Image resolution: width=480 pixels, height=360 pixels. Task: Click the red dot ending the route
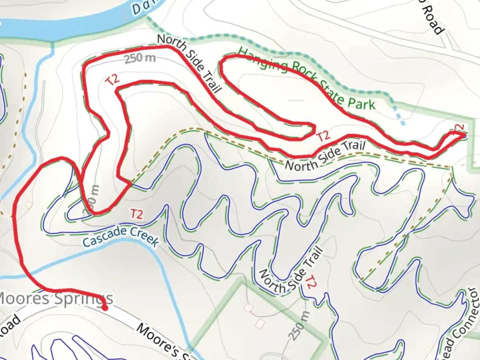105,308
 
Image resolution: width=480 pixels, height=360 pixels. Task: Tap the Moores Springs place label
55,299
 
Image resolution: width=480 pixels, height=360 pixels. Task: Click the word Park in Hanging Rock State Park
362,104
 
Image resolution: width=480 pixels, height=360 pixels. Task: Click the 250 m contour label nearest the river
140,59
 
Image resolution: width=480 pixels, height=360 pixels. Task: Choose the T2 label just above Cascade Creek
137,214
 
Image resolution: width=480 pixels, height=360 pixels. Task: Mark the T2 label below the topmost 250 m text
113,80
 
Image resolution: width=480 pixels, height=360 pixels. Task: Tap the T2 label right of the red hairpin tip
323,136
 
